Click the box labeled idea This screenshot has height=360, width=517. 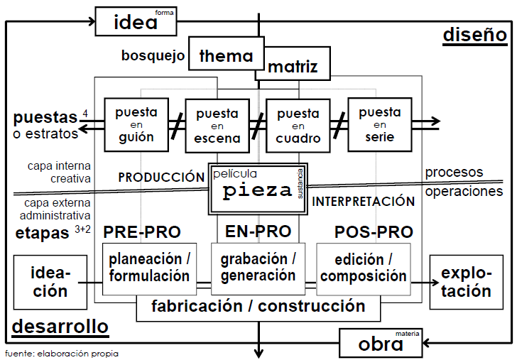[136, 21]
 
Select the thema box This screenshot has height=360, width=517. [226, 55]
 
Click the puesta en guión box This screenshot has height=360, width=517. [136, 124]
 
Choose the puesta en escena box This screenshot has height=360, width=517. [217, 126]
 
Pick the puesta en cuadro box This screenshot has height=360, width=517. [298, 126]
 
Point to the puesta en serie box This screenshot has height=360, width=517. [379, 124]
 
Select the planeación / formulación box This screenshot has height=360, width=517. [149, 268]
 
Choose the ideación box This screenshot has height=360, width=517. [49, 282]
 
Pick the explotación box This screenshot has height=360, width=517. [465, 282]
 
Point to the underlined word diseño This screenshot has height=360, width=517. [474, 35]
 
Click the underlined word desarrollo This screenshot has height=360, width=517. [61, 327]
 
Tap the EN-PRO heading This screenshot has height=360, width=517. [258, 231]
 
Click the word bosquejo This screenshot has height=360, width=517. [153, 55]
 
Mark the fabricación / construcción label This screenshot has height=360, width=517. [258, 307]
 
